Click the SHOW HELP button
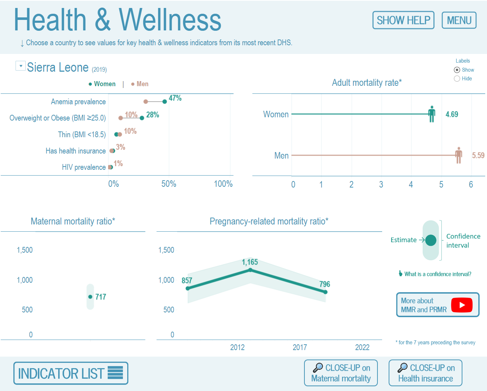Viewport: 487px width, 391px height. click(x=403, y=20)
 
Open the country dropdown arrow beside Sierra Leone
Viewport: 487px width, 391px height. click(x=21, y=66)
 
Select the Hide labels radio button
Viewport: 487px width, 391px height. click(x=457, y=79)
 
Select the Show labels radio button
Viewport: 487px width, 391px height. click(x=457, y=70)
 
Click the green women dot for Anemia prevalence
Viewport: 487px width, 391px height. click(x=165, y=102)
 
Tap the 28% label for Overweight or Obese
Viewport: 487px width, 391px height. click(x=153, y=115)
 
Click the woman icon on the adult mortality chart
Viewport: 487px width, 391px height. click(x=431, y=114)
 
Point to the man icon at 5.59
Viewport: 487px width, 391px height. click(x=458, y=155)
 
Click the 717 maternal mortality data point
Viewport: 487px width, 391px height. click(x=90, y=297)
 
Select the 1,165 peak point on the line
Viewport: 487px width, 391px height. click(x=250, y=270)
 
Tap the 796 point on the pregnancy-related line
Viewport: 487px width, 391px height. click(x=325, y=292)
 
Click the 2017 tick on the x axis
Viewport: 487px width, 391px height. click(x=300, y=348)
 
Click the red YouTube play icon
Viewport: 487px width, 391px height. click(x=462, y=305)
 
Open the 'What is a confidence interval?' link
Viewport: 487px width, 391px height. click(x=437, y=274)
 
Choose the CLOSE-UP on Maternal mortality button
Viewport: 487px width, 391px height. click(x=341, y=373)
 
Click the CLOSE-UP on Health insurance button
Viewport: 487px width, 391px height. click(x=425, y=373)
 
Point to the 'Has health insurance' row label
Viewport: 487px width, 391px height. click(x=76, y=151)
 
